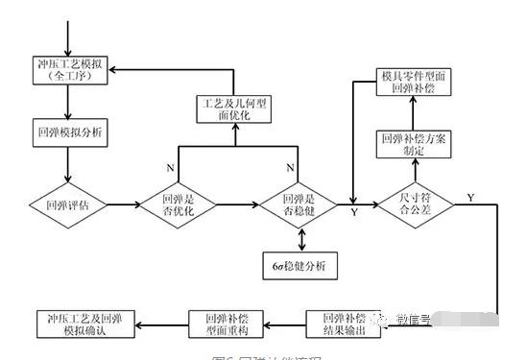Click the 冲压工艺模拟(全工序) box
[69, 71]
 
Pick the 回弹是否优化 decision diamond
[183, 204]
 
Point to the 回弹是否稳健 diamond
[299, 204]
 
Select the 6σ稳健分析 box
[299, 264]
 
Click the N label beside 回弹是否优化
[171, 166]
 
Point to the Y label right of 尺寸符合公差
[470, 197]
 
